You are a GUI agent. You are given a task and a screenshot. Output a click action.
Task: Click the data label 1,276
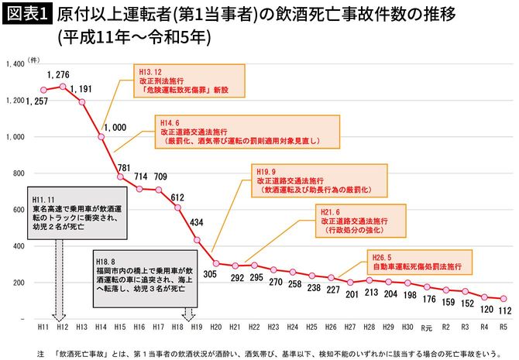[59, 74]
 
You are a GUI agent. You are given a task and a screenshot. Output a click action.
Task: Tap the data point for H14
[101, 137]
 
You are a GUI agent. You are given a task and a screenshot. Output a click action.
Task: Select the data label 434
[197, 222]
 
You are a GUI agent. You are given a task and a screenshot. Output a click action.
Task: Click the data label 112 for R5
[504, 310]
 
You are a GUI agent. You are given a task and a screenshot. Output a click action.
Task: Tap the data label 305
[210, 273]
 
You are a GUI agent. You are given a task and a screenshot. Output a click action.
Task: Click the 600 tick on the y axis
[18, 210]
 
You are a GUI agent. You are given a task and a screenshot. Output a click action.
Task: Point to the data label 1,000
[114, 127]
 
